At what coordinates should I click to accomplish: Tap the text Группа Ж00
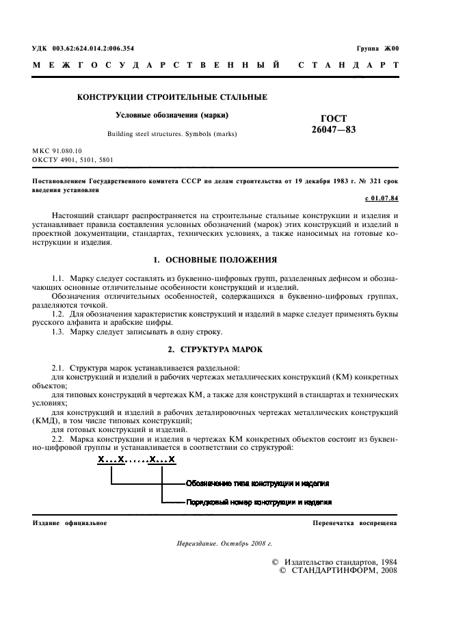coord(377,49)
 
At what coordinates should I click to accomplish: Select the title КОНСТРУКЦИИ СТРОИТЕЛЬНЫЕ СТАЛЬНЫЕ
coord(172,98)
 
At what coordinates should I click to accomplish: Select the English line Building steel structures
coord(172,134)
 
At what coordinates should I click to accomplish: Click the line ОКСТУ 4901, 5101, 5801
coord(73,160)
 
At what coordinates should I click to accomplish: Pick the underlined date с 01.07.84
coord(380,199)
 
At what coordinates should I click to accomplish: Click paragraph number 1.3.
coord(59,332)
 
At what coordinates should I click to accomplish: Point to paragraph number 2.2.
coord(59,438)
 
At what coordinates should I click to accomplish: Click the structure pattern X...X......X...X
coord(136,460)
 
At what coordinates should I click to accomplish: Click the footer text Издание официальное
coord(70,523)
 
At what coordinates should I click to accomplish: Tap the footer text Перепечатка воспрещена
coord(354,523)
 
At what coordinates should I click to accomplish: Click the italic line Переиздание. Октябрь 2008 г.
coord(224,544)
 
